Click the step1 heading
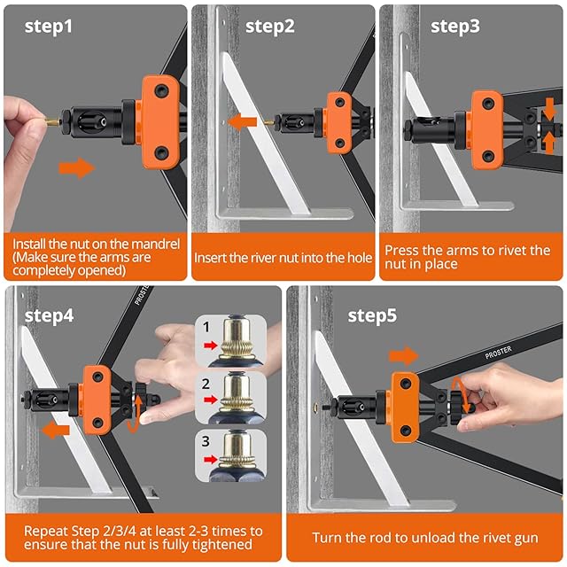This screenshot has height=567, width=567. tap(49, 27)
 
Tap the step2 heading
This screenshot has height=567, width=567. tap(269, 27)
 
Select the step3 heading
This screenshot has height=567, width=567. tap(455, 27)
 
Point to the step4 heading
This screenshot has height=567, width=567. tap(50, 315)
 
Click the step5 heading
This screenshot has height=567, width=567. tap(372, 315)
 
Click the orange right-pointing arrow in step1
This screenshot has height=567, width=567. tap(77, 168)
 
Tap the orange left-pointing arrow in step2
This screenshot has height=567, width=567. tap(242, 122)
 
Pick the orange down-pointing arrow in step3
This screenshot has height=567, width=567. tap(549, 109)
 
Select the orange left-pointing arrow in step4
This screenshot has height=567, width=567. tap(55, 431)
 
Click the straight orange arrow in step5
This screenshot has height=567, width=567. tap(404, 356)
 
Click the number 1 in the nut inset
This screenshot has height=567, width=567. tap(206, 327)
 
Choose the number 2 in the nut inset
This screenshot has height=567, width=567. tap(206, 384)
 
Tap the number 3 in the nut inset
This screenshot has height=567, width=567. tap(206, 441)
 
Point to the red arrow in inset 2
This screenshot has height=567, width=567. tap(211, 400)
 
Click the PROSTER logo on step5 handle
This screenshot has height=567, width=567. tap(498, 353)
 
